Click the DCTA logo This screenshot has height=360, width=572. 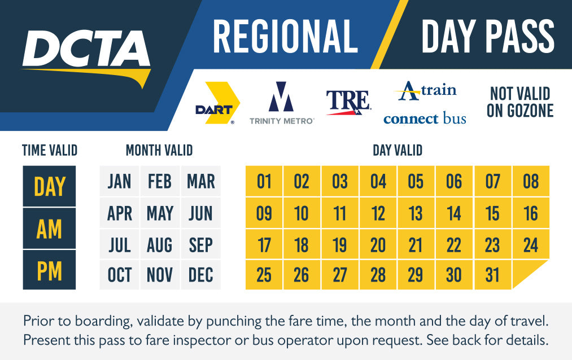[86, 58]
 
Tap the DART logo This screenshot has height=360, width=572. [217, 103]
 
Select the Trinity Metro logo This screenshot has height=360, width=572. [281, 103]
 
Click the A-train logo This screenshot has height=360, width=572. [425, 91]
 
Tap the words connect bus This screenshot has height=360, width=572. [425, 118]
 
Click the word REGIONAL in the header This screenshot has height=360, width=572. [285, 37]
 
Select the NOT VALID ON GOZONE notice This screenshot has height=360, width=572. [520, 102]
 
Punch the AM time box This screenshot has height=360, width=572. [49, 229]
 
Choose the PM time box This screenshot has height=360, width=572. [49, 270]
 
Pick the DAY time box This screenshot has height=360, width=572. [49, 186]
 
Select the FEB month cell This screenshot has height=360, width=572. [160, 181]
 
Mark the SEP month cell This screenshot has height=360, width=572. [200, 244]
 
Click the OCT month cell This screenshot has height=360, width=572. [119, 275]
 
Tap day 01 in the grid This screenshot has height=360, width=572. [264, 181]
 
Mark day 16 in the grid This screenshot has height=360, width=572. [531, 213]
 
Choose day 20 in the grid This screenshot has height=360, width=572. [378, 244]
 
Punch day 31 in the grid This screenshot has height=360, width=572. [492, 275]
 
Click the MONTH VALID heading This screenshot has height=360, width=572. [159, 150]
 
